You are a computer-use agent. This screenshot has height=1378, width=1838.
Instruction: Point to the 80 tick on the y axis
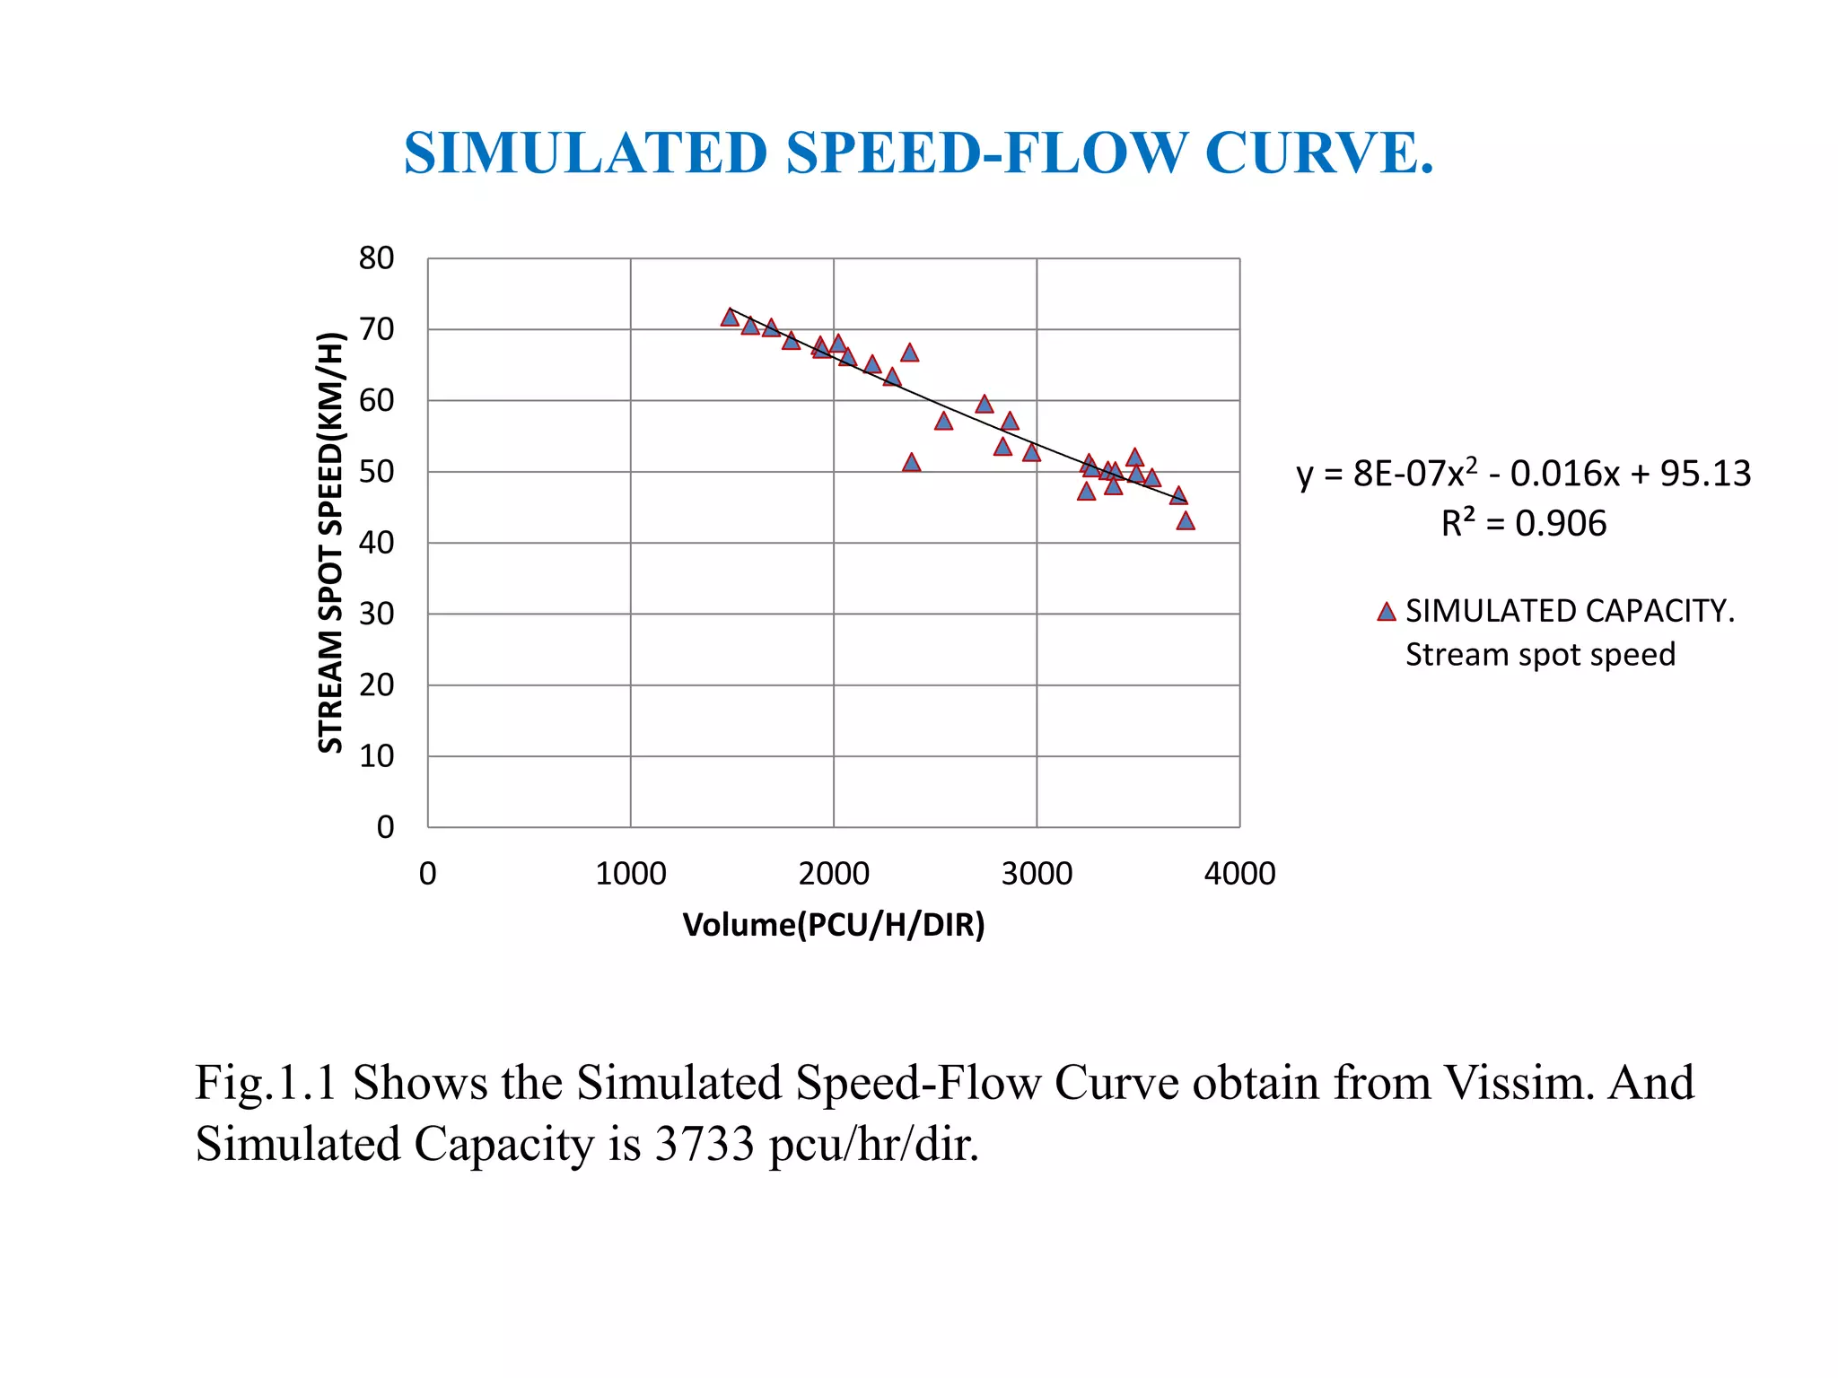tap(376, 258)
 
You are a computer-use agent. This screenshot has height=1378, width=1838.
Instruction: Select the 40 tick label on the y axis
tap(376, 543)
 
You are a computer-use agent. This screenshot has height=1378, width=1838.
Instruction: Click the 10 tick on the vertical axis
tap(376, 756)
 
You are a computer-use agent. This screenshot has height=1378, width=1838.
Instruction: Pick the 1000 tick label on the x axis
tap(630, 874)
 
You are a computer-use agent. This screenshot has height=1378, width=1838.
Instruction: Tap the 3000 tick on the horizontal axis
tap(1037, 874)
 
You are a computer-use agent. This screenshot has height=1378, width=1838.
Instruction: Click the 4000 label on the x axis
tap(1239, 874)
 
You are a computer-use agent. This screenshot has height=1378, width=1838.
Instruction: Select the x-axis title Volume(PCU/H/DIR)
tap(834, 925)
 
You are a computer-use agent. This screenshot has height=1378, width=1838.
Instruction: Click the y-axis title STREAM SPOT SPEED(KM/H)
tap(331, 543)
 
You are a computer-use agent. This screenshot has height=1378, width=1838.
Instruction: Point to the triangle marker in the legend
tap(1387, 613)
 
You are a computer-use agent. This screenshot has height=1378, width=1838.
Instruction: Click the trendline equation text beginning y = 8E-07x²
tap(1523, 474)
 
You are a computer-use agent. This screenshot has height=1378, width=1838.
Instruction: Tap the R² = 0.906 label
tap(1523, 524)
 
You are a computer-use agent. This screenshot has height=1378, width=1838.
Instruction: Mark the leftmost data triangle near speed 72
tap(730, 318)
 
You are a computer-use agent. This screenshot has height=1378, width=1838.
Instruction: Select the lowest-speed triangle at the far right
tap(1186, 521)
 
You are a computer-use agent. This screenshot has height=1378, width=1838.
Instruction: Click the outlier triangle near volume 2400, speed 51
tap(911, 463)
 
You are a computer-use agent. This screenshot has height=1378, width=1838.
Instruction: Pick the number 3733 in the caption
tap(705, 1145)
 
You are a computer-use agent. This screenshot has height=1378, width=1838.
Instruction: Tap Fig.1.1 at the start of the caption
tap(266, 1083)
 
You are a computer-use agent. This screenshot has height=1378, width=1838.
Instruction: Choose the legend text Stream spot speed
tap(1540, 655)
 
